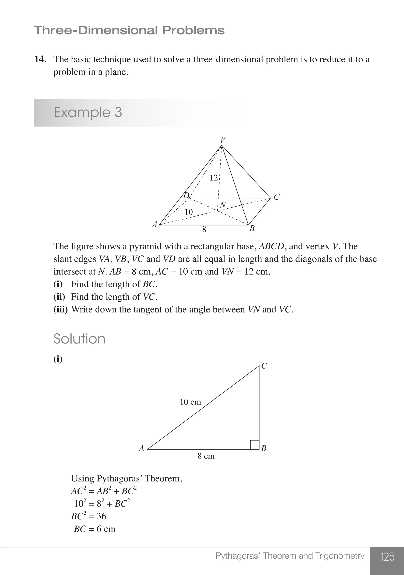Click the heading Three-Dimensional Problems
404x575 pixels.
129,30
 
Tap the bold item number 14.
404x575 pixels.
40,59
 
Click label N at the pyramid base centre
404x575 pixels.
223,205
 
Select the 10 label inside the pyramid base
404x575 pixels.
188,212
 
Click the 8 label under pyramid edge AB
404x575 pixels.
204,229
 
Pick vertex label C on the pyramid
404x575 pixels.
276,197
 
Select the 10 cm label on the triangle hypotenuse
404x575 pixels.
190,402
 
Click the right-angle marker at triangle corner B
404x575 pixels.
254,445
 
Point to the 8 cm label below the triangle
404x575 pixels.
206,456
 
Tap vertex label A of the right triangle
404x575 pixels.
142,448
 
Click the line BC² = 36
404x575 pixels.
89,516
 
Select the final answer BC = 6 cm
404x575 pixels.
95,529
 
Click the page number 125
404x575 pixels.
387,557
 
